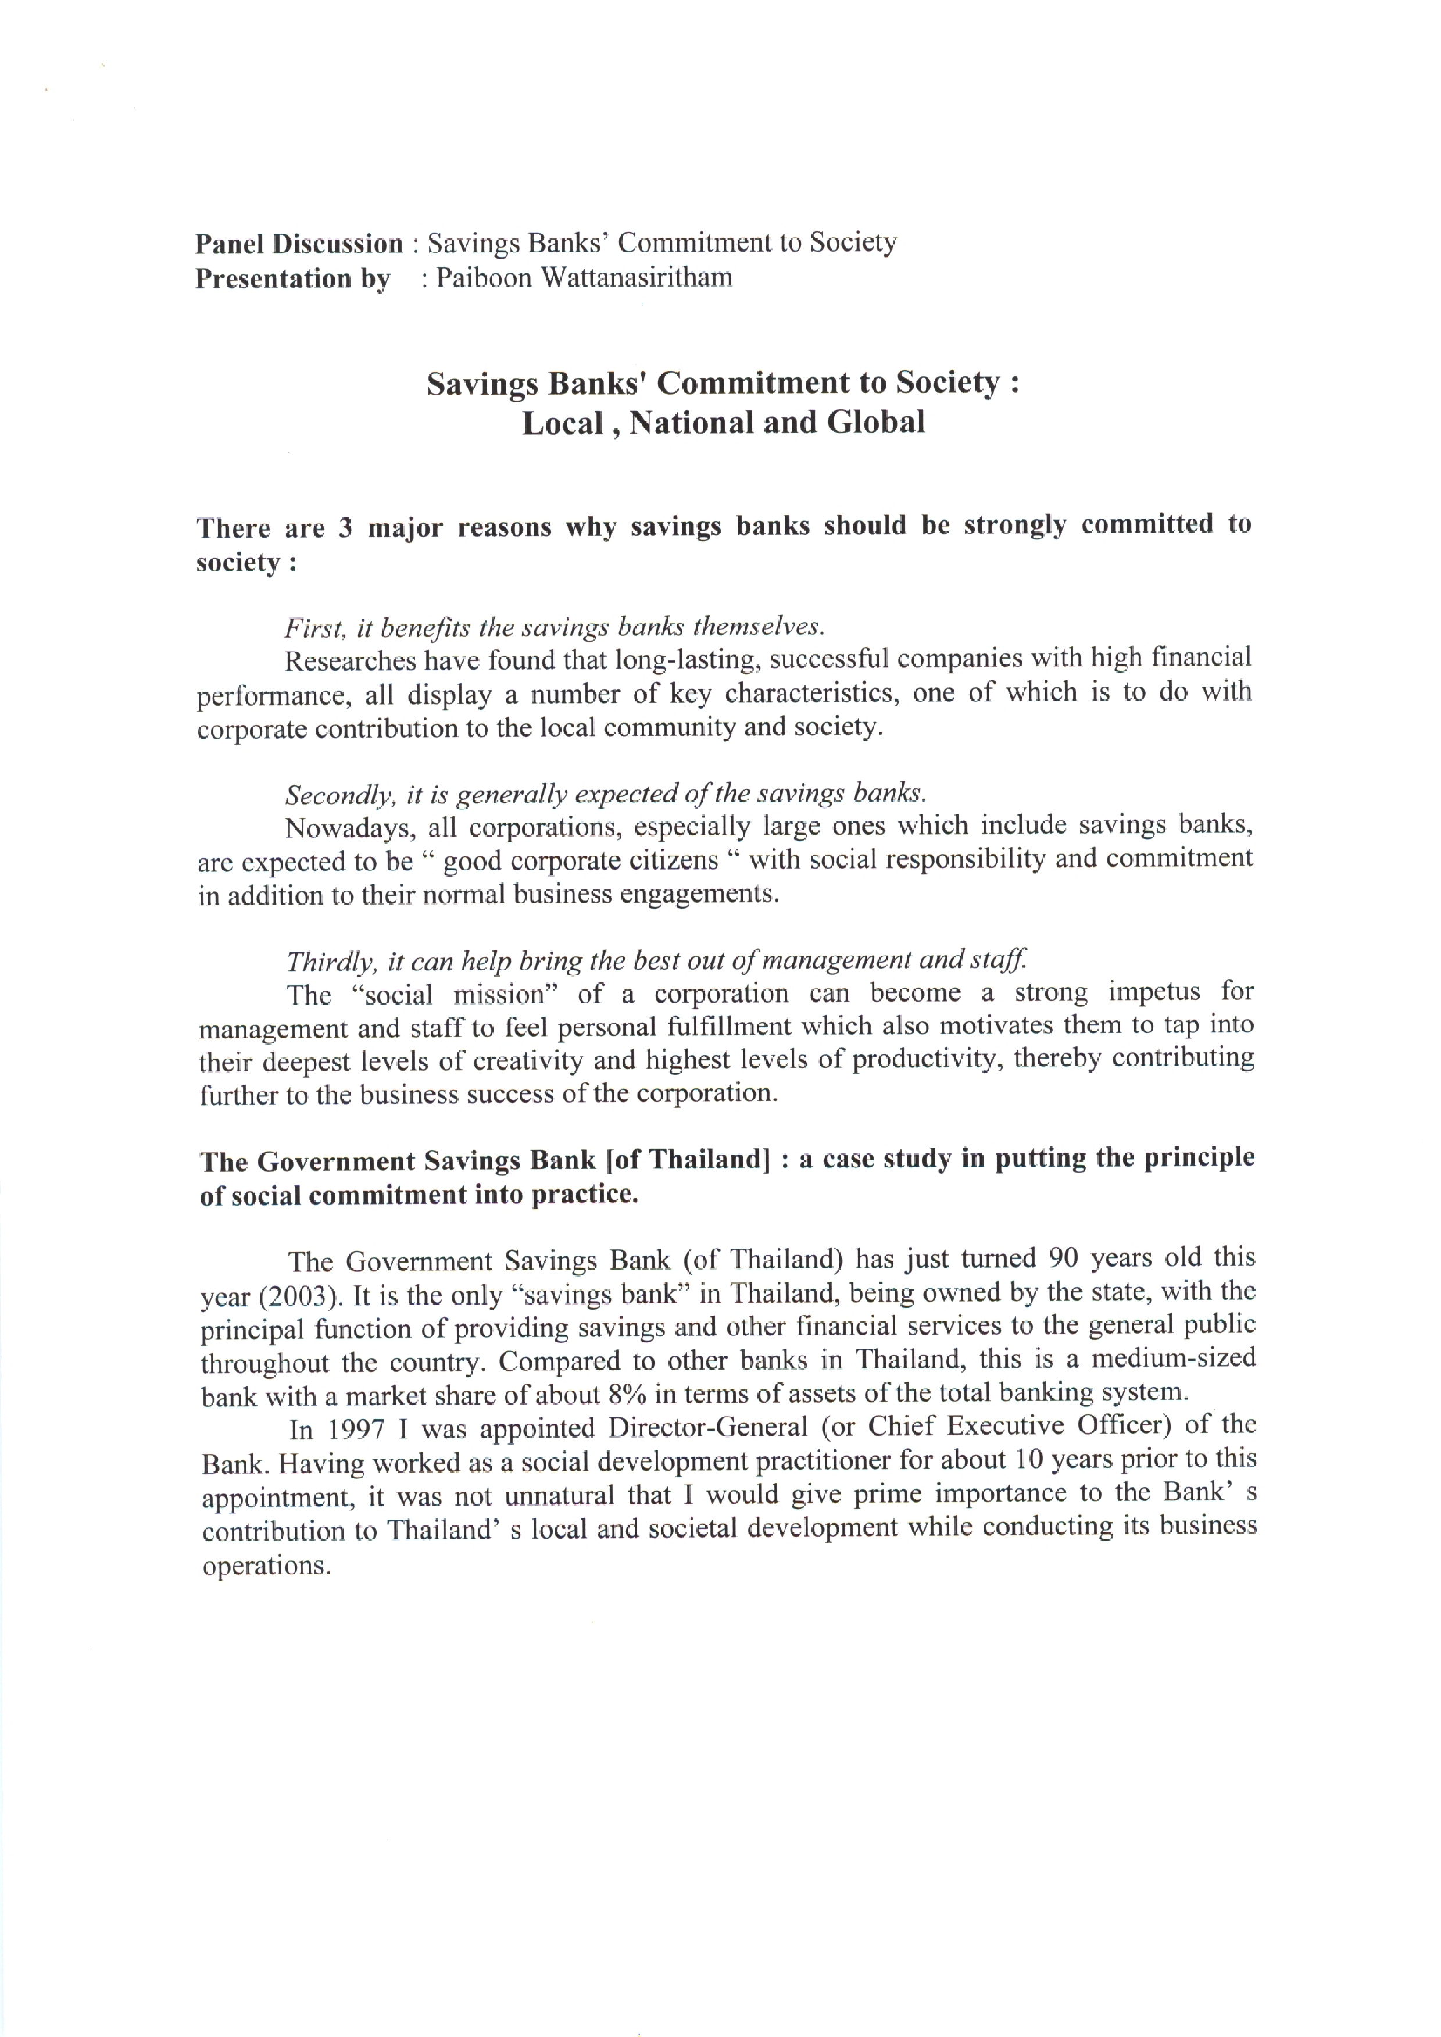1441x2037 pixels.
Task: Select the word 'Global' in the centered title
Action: pyautogui.click(x=876, y=422)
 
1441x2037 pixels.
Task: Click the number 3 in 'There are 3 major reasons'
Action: pyautogui.click(x=345, y=527)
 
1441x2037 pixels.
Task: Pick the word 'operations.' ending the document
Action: pyautogui.click(x=266, y=1566)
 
